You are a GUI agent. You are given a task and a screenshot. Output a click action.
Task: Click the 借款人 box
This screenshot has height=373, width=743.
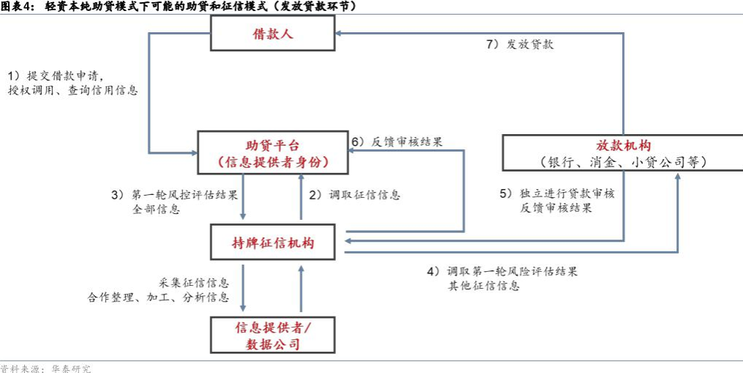tap(273, 33)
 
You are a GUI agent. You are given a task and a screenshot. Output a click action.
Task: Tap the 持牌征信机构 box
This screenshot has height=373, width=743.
tap(278, 242)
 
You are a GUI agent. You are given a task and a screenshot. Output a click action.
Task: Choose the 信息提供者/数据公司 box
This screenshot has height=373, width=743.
tap(273, 335)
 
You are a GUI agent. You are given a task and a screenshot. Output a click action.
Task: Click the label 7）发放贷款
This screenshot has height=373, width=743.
tap(520, 45)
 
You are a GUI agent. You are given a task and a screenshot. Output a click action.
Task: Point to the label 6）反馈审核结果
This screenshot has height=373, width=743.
tap(397, 141)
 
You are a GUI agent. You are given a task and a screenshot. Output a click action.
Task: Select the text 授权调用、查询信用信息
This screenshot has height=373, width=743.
tap(73, 91)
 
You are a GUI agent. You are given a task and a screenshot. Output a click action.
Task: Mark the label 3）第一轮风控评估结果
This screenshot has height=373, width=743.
tap(173, 195)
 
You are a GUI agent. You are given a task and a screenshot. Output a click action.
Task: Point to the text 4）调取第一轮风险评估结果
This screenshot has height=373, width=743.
tap(502, 272)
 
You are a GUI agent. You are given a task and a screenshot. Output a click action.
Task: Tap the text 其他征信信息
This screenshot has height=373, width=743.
tap(485, 286)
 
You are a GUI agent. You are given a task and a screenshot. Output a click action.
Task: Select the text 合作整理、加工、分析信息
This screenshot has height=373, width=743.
tap(158, 298)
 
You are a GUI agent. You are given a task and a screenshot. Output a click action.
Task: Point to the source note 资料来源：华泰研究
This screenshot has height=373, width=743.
tap(45, 369)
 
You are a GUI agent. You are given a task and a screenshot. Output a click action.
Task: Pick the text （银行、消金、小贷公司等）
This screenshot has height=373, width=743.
tap(623, 162)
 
